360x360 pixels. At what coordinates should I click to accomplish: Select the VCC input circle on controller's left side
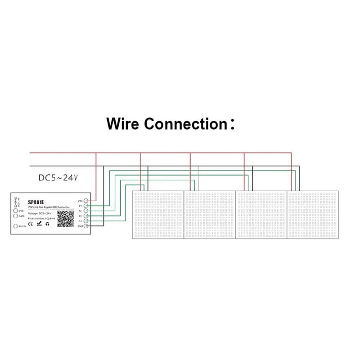pyautogui.click(x=16, y=210)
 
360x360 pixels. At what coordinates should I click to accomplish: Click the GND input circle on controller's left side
pyautogui.click(x=16, y=216)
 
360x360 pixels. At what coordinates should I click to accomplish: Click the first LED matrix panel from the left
pyautogui.click(x=157, y=215)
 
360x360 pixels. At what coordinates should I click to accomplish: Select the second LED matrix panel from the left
pyautogui.click(x=210, y=215)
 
